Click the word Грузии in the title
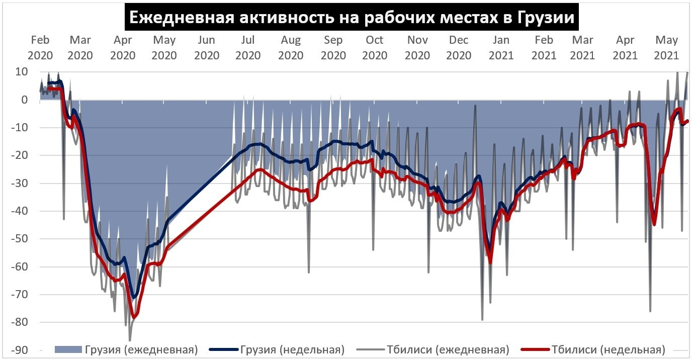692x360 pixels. [x=545, y=18]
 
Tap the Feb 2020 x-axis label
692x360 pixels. [x=40, y=47]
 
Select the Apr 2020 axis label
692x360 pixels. [x=123, y=47]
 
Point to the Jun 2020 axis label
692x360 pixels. [x=207, y=47]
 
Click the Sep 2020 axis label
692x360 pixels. [x=333, y=47]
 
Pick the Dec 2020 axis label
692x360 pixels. [x=459, y=47]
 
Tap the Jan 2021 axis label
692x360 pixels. [x=501, y=47]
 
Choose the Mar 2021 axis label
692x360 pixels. [x=583, y=47]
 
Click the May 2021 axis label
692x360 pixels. [x=666, y=47]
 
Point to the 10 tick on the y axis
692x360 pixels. [x=21, y=72]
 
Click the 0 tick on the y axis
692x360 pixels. [x=24, y=100]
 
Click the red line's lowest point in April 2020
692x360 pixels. [x=134, y=317]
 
